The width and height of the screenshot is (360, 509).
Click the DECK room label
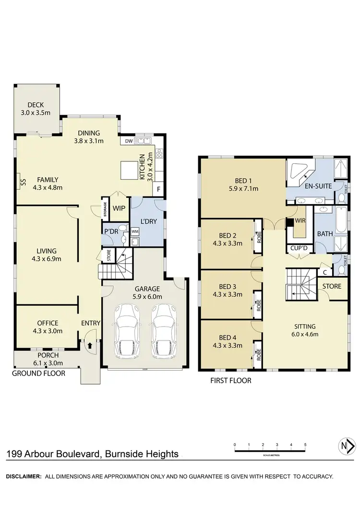(36, 105)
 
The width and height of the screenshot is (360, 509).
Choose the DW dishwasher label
(128, 141)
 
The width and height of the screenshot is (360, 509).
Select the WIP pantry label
(118, 208)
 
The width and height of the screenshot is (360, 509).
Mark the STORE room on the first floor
(331, 286)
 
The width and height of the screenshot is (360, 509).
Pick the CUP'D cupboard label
(300, 249)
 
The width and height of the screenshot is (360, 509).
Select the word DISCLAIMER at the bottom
(23, 476)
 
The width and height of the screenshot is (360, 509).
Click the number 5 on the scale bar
(305, 445)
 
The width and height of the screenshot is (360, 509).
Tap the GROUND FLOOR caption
(38, 373)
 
